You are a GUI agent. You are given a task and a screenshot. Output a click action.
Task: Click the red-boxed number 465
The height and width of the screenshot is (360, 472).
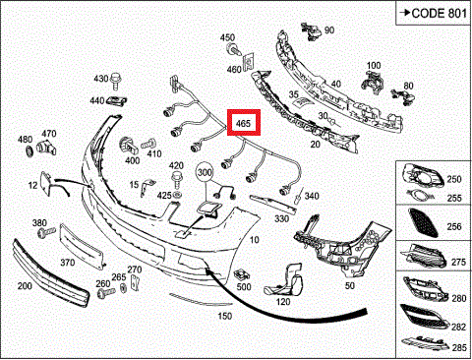[244, 123]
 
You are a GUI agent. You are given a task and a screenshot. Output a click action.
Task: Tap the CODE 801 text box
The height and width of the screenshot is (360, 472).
[434, 13]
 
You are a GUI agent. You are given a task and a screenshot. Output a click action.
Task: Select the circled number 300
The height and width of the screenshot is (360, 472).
[205, 172]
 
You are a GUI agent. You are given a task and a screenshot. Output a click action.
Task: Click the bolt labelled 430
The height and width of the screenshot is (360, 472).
[115, 81]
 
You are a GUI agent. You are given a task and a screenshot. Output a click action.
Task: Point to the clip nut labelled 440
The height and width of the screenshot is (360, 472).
[117, 100]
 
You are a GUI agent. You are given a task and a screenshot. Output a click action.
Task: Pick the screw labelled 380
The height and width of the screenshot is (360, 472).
[46, 233]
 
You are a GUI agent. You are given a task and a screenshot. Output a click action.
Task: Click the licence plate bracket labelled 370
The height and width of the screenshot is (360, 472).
[82, 245]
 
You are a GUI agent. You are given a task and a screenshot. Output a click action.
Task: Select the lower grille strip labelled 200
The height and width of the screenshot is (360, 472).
[51, 273]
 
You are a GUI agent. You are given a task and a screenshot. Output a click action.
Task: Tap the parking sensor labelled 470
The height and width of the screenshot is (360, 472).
[46, 148]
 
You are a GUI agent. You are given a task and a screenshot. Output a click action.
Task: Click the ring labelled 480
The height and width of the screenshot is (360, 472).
[29, 150]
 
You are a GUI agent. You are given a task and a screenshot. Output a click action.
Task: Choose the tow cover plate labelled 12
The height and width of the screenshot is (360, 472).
[46, 183]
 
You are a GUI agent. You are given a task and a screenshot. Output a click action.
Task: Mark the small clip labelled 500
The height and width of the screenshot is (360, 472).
[242, 273]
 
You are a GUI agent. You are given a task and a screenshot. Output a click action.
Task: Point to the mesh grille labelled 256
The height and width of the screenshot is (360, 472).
[423, 222]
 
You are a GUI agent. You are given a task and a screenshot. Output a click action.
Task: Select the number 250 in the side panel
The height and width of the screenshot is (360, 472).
[454, 179]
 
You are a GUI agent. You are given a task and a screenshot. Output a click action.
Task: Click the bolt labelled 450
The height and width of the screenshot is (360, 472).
[234, 49]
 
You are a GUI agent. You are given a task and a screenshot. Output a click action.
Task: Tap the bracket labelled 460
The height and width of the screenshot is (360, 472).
[248, 61]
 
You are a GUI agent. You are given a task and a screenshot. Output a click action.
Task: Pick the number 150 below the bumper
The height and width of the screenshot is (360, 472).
[225, 316]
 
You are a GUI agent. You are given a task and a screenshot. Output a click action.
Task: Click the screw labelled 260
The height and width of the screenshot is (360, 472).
[106, 292]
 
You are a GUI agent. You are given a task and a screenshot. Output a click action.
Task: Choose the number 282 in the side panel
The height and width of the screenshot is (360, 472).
[458, 327]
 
